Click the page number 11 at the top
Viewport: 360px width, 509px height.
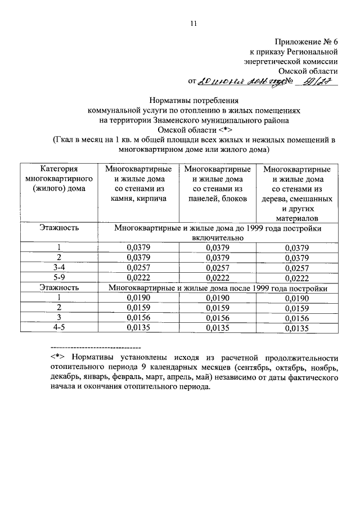pos(193,23)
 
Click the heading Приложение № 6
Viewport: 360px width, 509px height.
pos(307,42)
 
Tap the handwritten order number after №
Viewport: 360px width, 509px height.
pos(321,82)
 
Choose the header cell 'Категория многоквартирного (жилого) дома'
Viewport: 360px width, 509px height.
pos(59,178)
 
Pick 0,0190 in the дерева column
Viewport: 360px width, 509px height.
pos(296,298)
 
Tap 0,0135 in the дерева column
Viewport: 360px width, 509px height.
pos(296,328)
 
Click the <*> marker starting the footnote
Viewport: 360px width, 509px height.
pos(58,358)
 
